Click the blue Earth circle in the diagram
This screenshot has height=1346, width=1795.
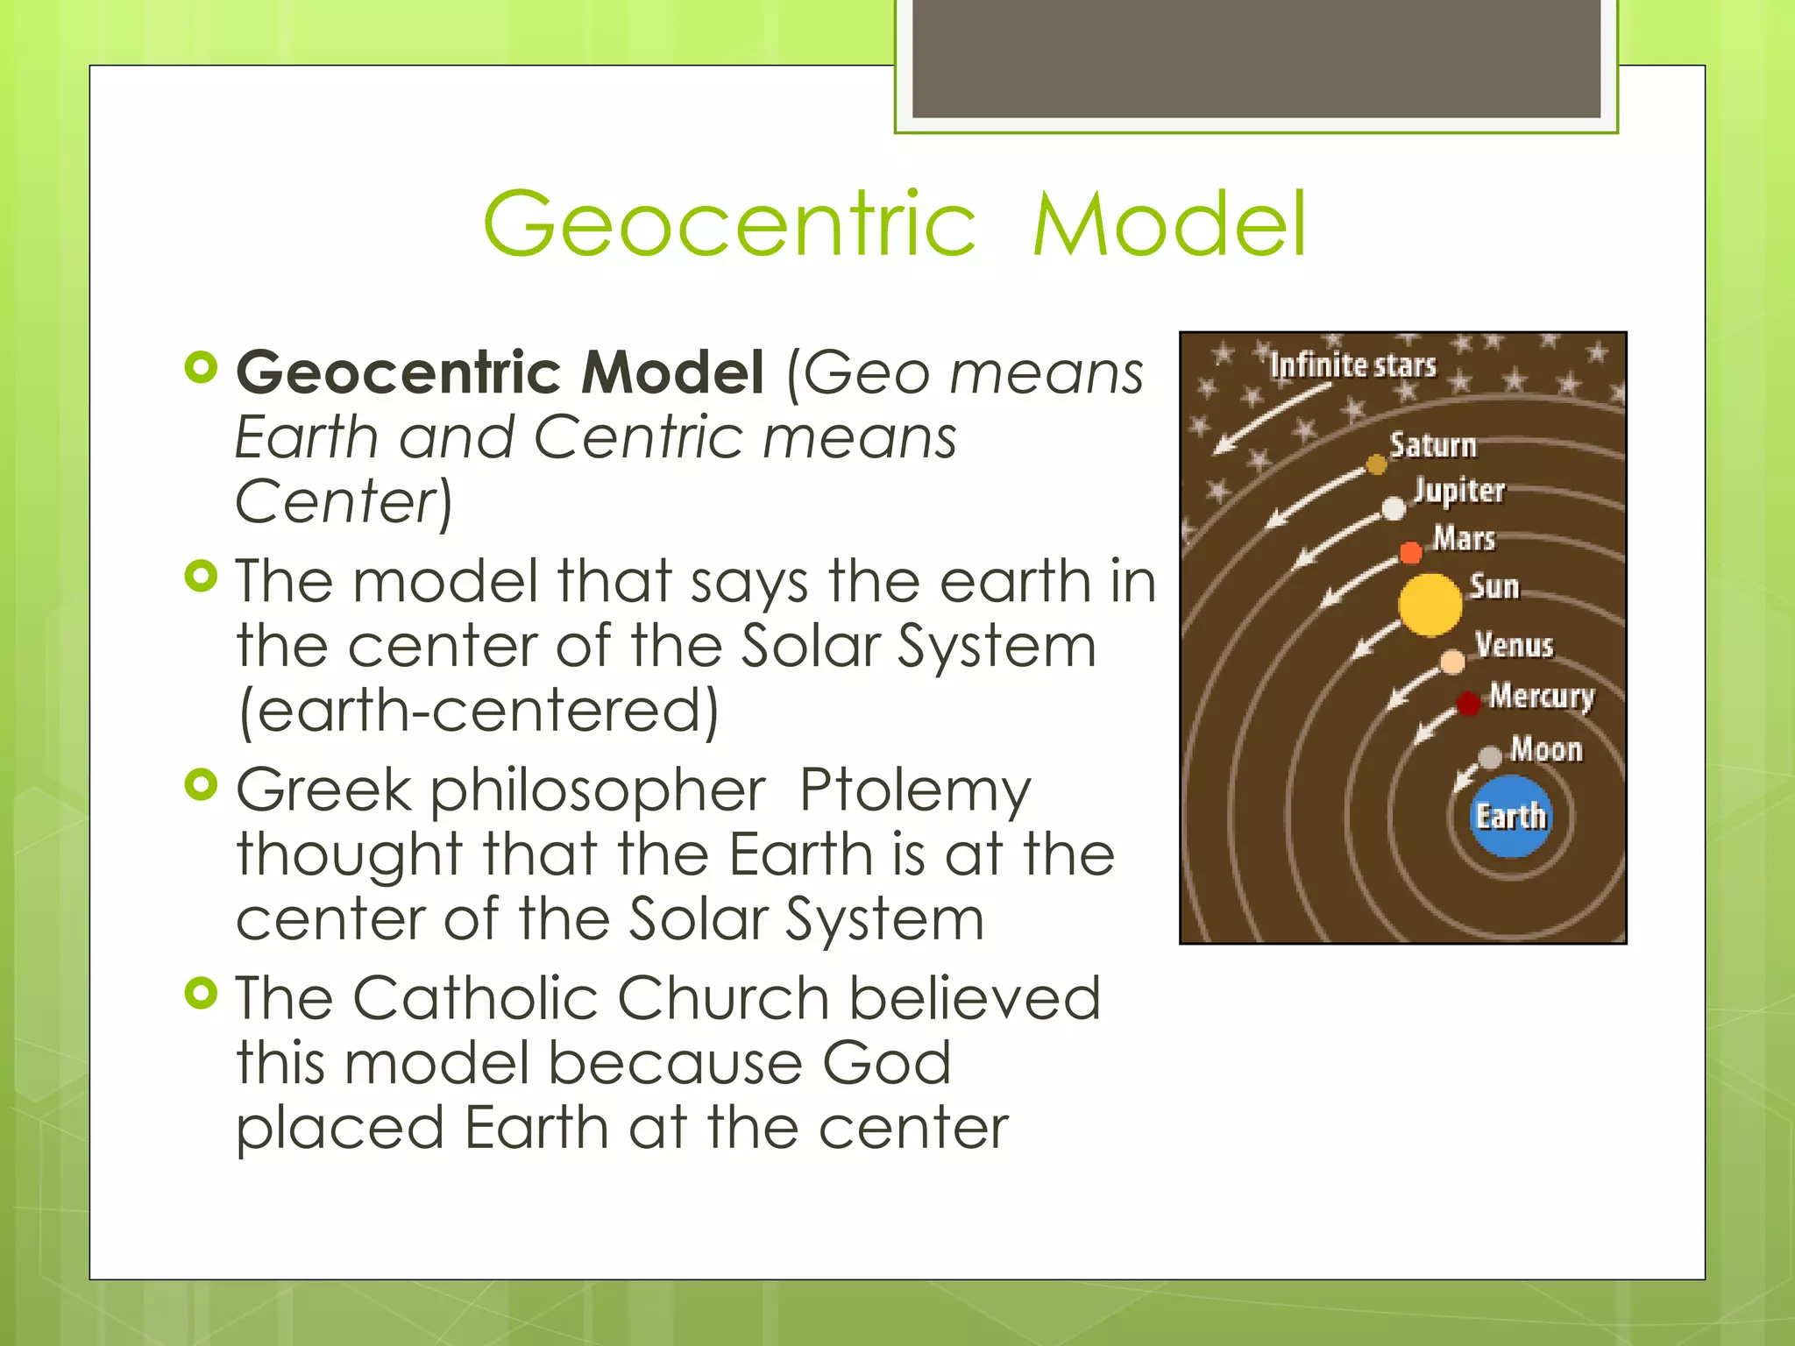(1509, 816)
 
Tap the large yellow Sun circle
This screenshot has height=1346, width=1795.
(1430, 605)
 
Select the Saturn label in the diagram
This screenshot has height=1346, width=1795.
(1433, 445)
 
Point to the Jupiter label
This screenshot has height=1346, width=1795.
(1459, 491)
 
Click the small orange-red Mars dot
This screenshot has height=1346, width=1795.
(1410, 553)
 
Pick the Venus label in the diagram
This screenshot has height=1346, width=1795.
(1514, 646)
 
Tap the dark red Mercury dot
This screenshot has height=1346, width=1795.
(1469, 703)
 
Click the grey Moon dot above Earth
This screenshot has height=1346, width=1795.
(1490, 757)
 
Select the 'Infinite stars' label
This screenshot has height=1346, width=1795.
(1353, 365)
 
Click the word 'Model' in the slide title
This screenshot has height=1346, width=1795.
(1169, 225)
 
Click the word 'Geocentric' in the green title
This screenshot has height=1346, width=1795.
(729, 225)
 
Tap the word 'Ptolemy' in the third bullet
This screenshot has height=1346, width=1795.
(915, 790)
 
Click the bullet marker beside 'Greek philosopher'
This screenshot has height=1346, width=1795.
(202, 784)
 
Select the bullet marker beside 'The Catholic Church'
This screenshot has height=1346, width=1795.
(202, 993)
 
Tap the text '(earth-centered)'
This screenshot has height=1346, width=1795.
(479, 711)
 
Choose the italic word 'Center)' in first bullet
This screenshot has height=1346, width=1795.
(344, 502)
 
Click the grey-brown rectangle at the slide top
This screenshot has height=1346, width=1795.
(1256, 58)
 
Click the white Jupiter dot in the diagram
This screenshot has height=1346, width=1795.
(1394, 508)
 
